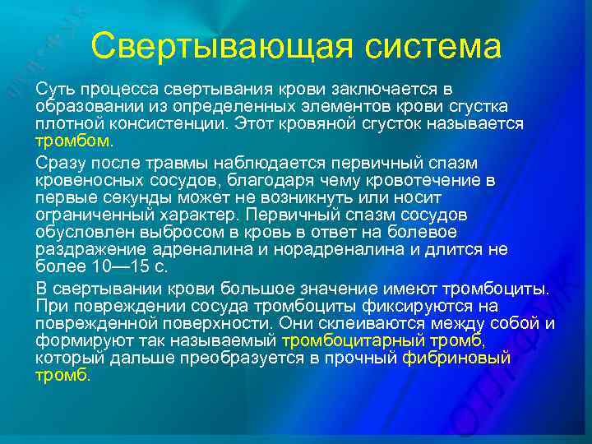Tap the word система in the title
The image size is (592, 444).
click(x=432, y=46)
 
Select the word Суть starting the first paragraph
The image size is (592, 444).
click(x=53, y=89)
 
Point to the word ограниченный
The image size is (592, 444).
click(x=87, y=215)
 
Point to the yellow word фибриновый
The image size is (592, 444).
click(x=456, y=358)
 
